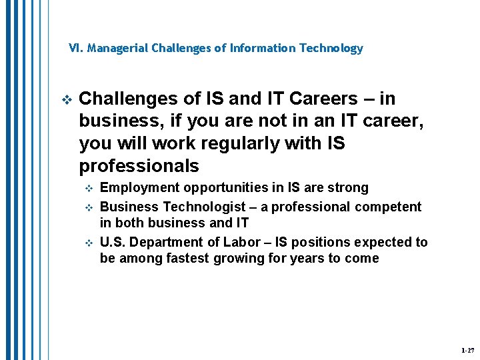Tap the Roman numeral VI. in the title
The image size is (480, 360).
coord(76,49)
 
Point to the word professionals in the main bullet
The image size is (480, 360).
coord(139,166)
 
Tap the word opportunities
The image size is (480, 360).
coord(213,188)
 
